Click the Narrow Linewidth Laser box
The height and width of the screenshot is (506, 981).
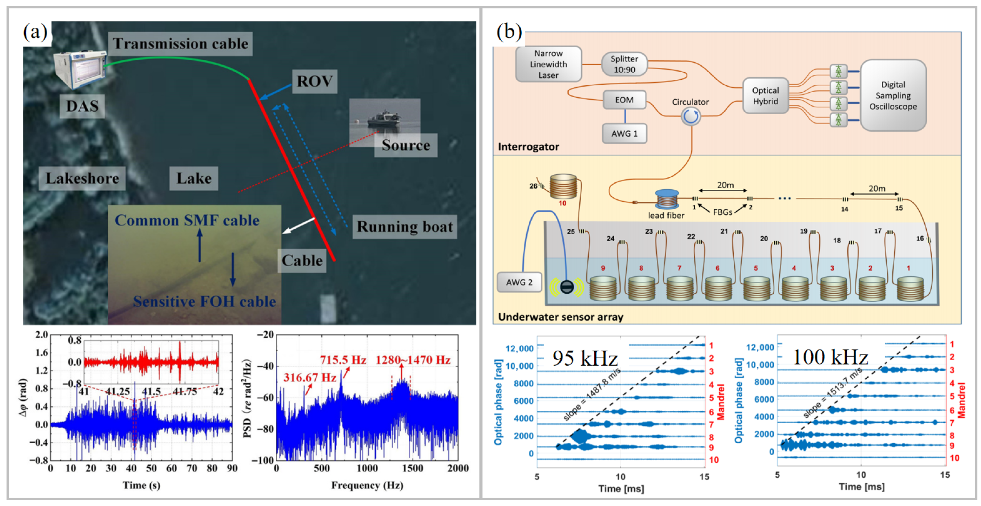click(x=548, y=64)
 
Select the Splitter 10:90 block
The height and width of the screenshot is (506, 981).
click(x=624, y=64)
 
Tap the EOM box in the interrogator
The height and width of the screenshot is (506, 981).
click(x=624, y=100)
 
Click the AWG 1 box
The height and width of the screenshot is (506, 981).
click(x=624, y=133)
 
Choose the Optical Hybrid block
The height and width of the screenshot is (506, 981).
click(x=765, y=96)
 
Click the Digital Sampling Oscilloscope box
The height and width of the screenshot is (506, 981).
click(x=893, y=95)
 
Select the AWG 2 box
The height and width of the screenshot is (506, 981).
click(x=519, y=282)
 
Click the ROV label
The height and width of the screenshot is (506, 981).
click(x=314, y=81)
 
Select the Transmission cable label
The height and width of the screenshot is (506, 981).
click(x=180, y=44)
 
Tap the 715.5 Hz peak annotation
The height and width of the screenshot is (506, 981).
click(x=343, y=360)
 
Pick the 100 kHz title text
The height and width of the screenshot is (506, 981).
click(x=830, y=357)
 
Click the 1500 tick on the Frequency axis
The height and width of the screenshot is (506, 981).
click(x=412, y=468)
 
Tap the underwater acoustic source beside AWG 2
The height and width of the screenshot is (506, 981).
click(x=567, y=287)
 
